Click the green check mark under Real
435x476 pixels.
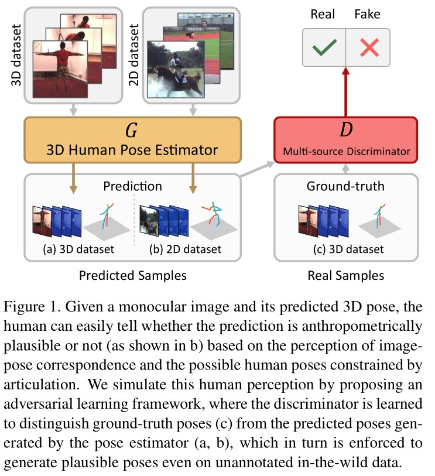click(324, 46)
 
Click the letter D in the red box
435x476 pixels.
click(345, 129)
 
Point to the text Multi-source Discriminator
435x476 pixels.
click(345, 151)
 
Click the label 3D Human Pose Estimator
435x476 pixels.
click(132, 150)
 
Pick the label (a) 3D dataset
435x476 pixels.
click(78, 249)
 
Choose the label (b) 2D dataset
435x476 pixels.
click(187, 249)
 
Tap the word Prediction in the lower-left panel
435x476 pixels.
click(132, 187)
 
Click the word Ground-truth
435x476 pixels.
click(345, 187)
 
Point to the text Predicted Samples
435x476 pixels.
click(132, 276)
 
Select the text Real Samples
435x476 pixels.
click(345, 276)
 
